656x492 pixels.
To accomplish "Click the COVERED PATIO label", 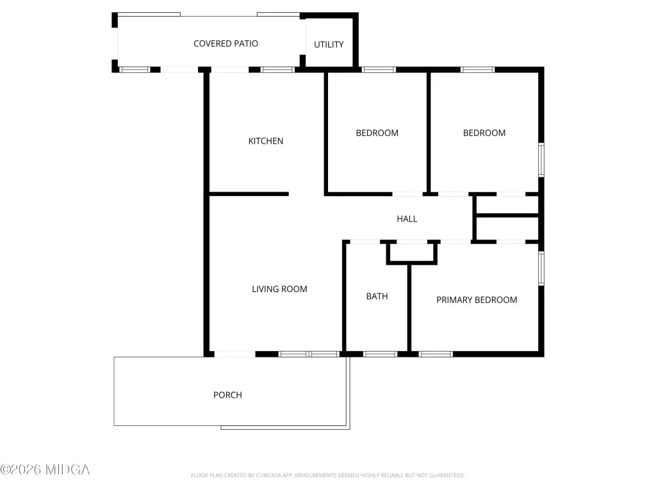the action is point(225,44).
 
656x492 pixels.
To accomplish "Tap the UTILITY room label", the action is point(329,44).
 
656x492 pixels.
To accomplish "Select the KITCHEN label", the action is point(266,141).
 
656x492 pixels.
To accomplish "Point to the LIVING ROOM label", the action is point(279,289).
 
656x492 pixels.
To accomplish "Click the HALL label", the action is point(407,219).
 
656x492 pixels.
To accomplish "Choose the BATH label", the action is point(377,296).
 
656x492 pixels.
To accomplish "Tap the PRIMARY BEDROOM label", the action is point(477,300).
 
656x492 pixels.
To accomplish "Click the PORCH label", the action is point(227,395).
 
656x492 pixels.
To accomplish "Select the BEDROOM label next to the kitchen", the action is point(377,133).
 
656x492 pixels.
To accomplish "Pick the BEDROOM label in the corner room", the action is point(484,133).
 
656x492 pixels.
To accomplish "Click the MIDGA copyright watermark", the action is point(45,470).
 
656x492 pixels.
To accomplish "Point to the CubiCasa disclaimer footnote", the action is point(327,475).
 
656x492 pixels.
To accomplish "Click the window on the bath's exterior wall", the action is point(380,354).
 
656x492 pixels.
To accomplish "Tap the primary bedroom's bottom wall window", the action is point(436,354).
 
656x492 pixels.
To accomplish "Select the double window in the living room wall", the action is point(309,354).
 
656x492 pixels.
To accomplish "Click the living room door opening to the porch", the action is point(234,354).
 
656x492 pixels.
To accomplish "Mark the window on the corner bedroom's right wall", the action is point(541,160).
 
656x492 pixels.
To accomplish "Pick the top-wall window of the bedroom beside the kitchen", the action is point(379,70).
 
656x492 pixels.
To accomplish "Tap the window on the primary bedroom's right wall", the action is point(541,268).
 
